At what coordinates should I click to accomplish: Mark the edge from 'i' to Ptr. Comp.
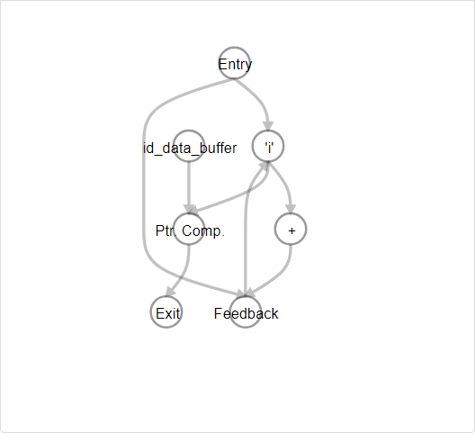tap(242, 194)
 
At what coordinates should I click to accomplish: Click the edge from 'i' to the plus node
tap(285, 184)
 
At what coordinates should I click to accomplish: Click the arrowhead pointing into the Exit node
tap(171, 292)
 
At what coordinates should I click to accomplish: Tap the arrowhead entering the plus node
tap(291, 209)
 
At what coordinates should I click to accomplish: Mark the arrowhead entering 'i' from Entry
tap(268, 126)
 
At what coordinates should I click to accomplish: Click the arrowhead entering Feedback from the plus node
tap(250, 292)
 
